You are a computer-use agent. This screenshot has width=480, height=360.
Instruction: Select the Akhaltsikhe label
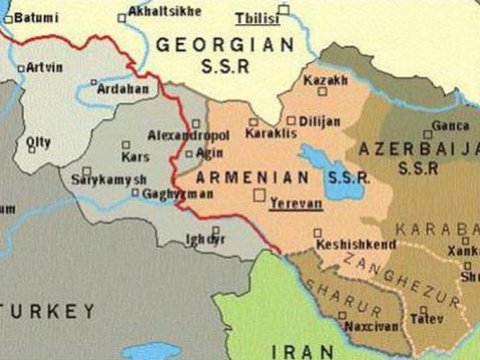pyautogui.click(x=164, y=11)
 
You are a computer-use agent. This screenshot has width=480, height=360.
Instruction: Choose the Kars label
pyautogui.click(x=134, y=157)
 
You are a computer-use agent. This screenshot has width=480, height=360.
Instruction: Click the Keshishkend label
pyautogui.click(x=354, y=243)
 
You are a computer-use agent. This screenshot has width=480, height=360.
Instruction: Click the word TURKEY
pyautogui.click(x=54, y=312)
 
